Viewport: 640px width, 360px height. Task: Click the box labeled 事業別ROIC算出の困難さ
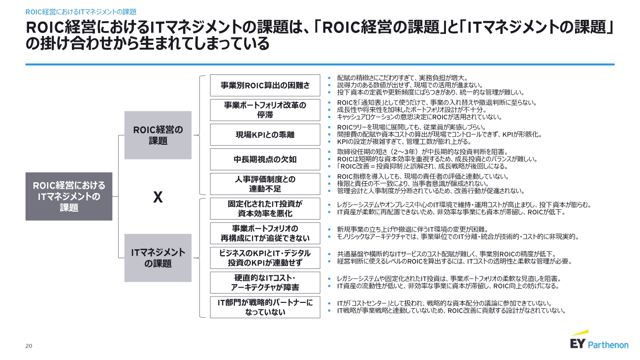click(x=265, y=86)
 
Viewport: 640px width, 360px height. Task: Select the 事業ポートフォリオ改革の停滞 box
click(x=265, y=110)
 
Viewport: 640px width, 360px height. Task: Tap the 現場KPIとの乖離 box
click(x=265, y=134)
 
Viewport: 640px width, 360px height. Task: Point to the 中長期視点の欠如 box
click(x=265, y=159)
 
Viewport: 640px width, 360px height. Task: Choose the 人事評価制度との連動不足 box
click(x=265, y=184)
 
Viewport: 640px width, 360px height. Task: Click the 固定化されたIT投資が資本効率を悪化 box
click(x=265, y=208)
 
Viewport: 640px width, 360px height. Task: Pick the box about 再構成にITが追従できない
click(x=265, y=233)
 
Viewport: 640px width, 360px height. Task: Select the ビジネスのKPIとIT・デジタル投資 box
click(x=265, y=258)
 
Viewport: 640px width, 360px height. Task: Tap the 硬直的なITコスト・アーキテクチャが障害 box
click(x=265, y=282)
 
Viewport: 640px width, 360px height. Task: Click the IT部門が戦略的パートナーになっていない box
click(x=265, y=307)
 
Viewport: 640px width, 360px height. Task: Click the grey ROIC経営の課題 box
click(x=158, y=135)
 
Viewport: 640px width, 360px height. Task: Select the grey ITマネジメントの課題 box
click(x=158, y=258)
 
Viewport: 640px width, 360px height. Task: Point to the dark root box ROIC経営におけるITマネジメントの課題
click(x=69, y=196)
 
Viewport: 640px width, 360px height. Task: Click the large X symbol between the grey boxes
click(x=158, y=197)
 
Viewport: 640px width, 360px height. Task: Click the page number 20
click(x=29, y=346)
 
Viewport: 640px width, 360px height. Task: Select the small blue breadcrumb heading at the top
click(x=81, y=11)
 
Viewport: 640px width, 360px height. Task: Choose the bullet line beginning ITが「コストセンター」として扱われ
click(x=443, y=303)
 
